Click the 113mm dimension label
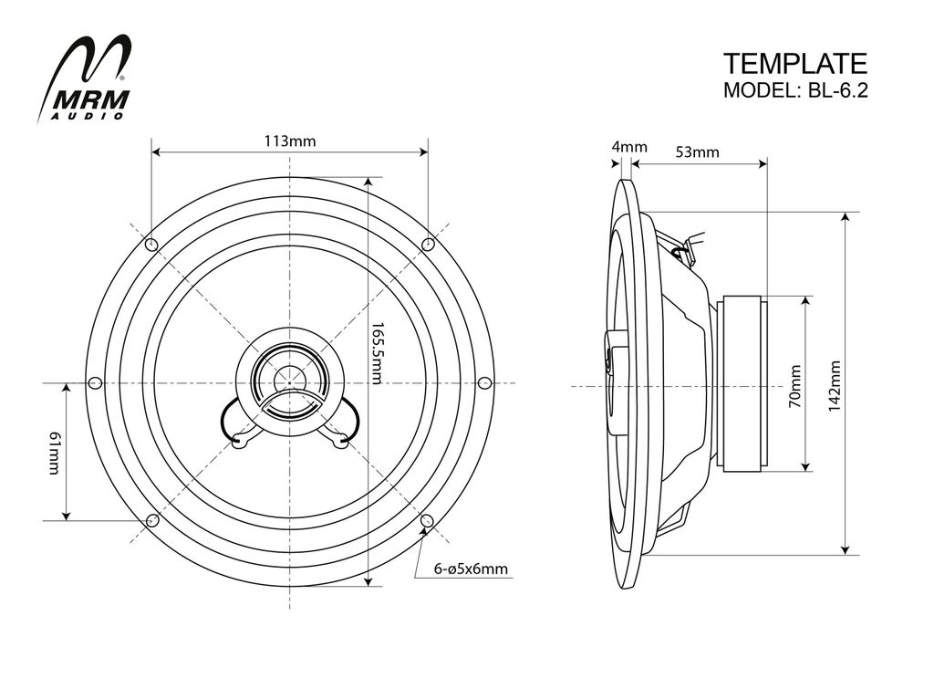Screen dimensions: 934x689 [290, 141]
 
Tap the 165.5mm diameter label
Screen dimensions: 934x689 [378, 353]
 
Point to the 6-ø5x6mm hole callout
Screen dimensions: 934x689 [471, 569]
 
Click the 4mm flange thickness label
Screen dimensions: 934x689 [629, 147]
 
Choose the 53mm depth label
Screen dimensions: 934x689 [697, 152]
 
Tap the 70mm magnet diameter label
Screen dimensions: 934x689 [795, 386]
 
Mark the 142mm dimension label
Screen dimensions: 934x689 [835, 386]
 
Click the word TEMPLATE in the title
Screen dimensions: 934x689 [795, 64]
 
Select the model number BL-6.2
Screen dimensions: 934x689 [838, 90]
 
